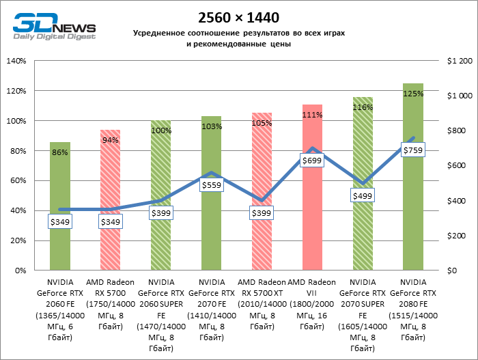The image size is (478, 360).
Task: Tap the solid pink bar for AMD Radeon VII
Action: pyautogui.click(x=312, y=205)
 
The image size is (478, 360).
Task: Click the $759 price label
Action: pyautogui.click(x=413, y=150)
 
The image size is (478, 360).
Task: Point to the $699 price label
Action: pyautogui.click(x=312, y=161)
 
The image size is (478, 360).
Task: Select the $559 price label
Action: pyautogui.click(x=211, y=184)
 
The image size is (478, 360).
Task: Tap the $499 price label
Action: pyautogui.click(x=363, y=195)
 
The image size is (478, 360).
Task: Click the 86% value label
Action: pyautogui.click(x=59, y=152)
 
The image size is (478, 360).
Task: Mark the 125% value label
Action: pyautogui.click(x=413, y=94)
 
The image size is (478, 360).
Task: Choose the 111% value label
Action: pyautogui.click(x=312, y=115)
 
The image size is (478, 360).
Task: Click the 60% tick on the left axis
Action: pyautogui.click(x=17, y=180)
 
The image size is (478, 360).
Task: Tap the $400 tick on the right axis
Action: pyautogui.click(x=456, y=201)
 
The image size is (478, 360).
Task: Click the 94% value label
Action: pyautogui.click(x=110, y=140)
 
